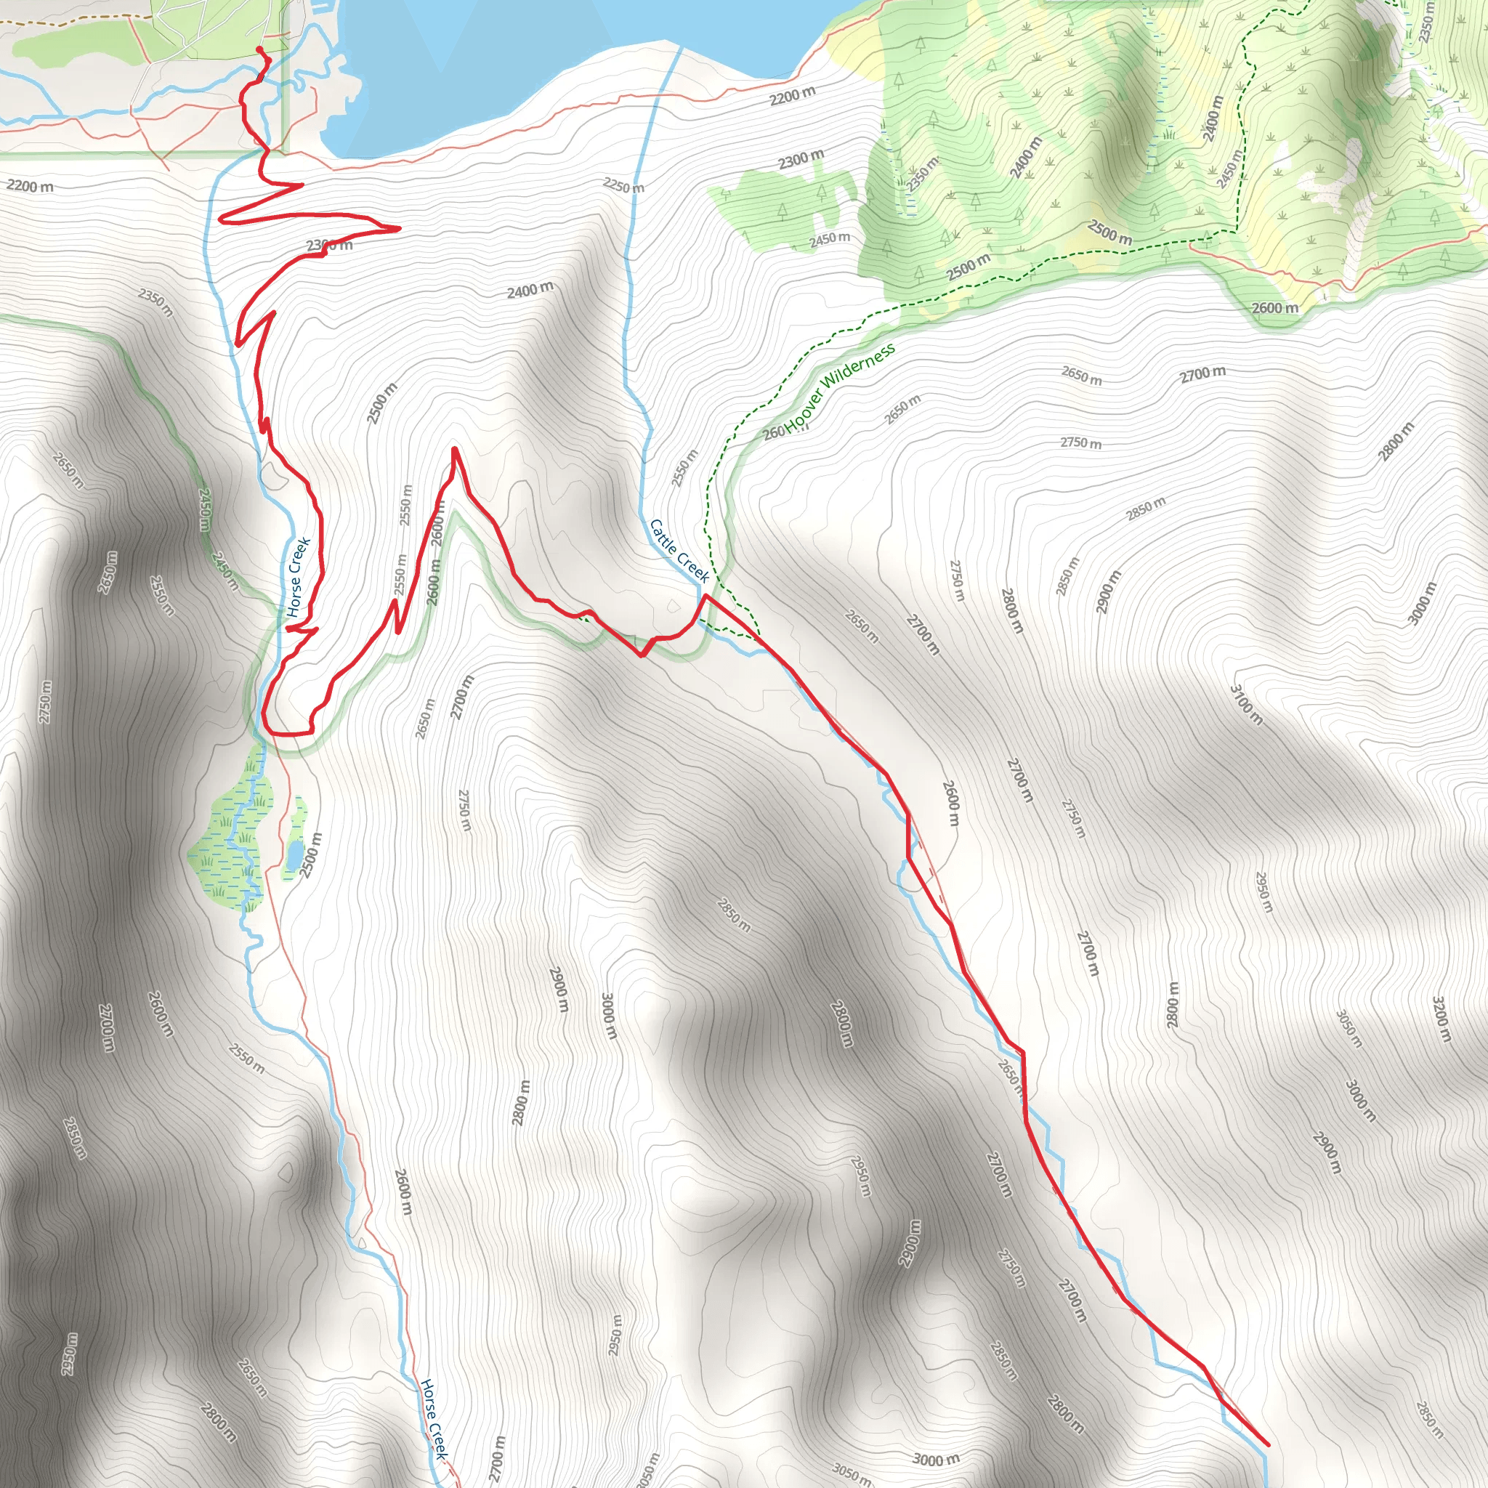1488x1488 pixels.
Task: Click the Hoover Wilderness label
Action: (x=841, y=387)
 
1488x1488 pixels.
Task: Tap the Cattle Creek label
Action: (x=679, y=551)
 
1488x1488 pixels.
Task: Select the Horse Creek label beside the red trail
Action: (x=298, y=578)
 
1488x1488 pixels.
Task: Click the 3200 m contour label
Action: (x=1441, y=1019)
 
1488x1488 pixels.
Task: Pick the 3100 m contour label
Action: (x=1246, y=705)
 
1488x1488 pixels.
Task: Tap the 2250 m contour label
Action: (x=624, y=185)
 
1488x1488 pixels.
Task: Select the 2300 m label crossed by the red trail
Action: (x=330, y=246)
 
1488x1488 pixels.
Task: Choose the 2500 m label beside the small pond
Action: (x=311, y=855)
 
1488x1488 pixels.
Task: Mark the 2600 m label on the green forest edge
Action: (x=1274, y=308)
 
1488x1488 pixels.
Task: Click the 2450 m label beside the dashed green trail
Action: (x=1229, y=168)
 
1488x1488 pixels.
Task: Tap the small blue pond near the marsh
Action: (x=294, y=852)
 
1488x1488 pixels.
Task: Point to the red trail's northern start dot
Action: (x=259, y=49)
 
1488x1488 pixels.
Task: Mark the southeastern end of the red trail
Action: (x=1267, y=1445)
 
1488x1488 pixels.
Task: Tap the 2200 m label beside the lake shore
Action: (x=792, y=95)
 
